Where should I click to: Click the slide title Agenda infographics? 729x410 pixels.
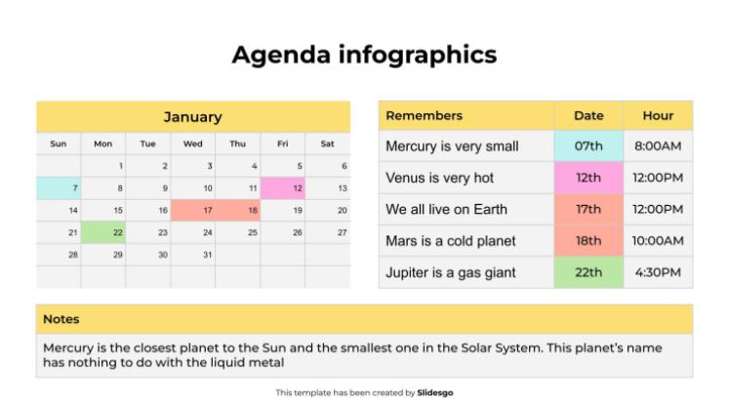coord(364,55)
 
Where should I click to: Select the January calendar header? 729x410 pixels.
coord(192,116)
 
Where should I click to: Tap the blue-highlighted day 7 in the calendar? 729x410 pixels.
coord(59,187)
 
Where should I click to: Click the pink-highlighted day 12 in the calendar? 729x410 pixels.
coord(283,187)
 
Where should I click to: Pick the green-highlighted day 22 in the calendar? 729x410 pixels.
coord(103,232)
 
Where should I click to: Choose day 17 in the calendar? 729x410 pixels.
coord(193,210)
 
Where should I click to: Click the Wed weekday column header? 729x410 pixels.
coord(193,143)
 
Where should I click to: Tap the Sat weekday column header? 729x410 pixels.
coord(328,143)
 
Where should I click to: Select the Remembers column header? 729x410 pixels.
coord(425,115)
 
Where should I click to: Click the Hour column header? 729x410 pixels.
coord(658,115)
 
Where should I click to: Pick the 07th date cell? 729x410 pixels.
coord(588,146)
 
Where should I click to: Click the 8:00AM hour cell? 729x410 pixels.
coord(658,146)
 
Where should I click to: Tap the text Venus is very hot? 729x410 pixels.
coord(439,178)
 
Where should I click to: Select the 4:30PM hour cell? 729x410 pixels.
coord(658,272)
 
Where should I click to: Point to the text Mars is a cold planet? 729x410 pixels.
coord(450,241)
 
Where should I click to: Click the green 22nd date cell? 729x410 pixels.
coord(588,272)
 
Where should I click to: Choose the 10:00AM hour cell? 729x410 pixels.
coord(658,241)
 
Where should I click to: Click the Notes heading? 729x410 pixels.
coord(61,319)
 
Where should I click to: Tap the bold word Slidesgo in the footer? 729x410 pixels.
coord(435,392)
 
